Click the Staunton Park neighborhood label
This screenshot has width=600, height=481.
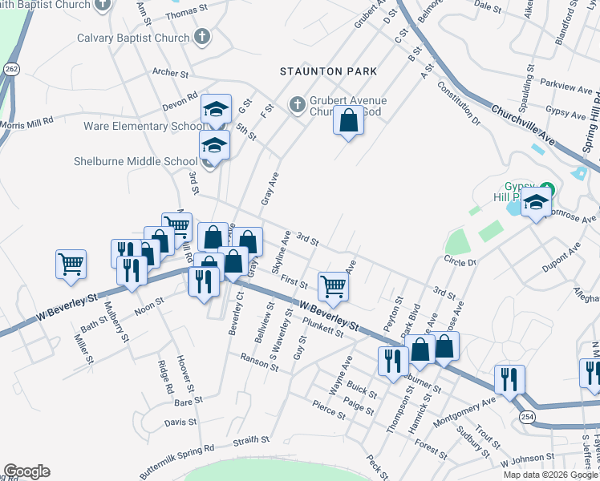pyautogui.click(x=328, y=71)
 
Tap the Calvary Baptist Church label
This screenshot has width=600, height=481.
pyautogui.click(x=133, y=38)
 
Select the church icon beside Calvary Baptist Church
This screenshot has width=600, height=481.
pyautogui.click(x=202, y=37)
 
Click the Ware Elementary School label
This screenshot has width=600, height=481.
pyautogui.click(x=143, y=126)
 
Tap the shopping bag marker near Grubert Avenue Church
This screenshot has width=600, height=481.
pyautogui.click(x=348, y=122)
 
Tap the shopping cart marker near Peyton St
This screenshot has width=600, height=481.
pyautogui.click(x=333, y=285)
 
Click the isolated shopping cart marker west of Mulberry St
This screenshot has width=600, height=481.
pyautogui.click(x=71, y=263)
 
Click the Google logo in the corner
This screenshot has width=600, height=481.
pyautogui.click(x=26, y=471)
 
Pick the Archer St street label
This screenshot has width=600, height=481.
pyautogui.click(x=170, y=73)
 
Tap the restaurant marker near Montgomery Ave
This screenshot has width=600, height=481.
pyautogui.click(x=509, y=379)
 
